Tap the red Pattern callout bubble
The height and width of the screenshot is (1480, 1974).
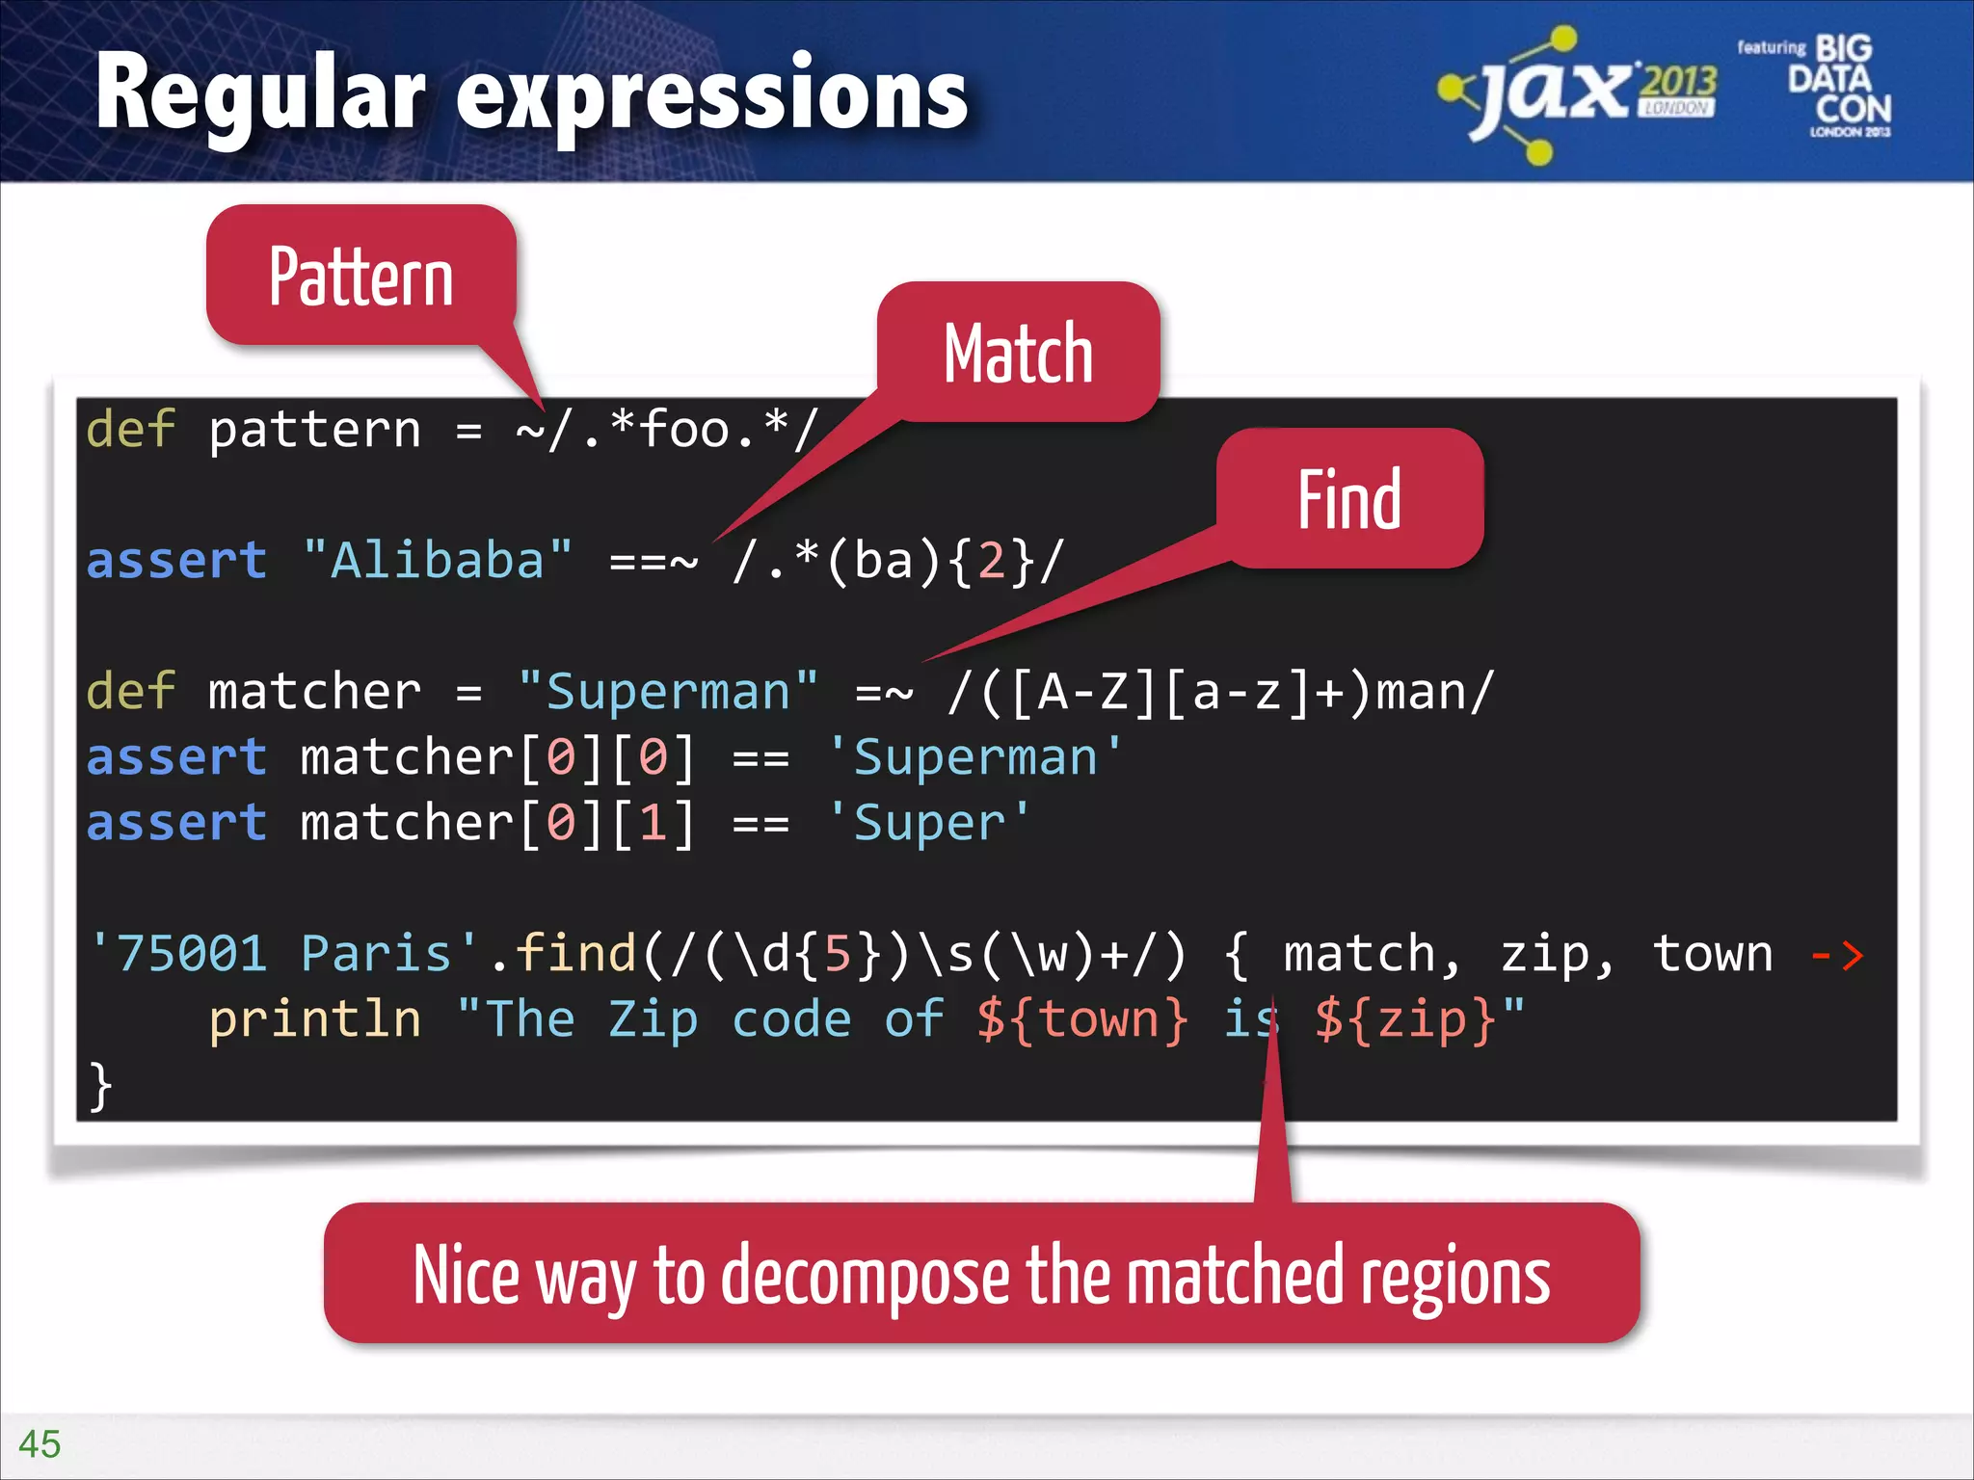(360, 277)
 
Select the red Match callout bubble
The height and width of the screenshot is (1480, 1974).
(1018, 354)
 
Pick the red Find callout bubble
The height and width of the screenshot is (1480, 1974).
(1348, 499)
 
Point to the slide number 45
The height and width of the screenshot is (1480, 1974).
(40, 1443)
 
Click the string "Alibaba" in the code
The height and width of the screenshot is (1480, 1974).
(437, 560)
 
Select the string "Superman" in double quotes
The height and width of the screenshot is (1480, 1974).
(667, 692)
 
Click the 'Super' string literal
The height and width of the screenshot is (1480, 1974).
(929, 823)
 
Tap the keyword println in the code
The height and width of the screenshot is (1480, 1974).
(315, 1019)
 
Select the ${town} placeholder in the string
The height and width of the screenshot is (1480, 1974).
(1081, 1019)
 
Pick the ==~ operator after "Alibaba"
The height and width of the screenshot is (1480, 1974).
(653, 560)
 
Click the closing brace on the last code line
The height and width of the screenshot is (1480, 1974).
(99, 1086)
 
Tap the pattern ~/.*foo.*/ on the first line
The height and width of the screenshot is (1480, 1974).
(667, 429)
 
